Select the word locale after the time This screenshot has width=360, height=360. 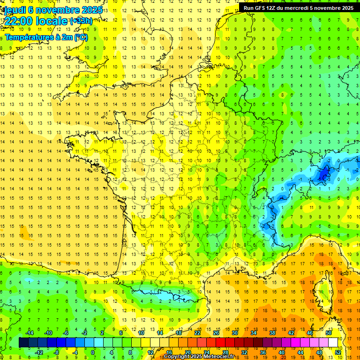[x=51, y=21]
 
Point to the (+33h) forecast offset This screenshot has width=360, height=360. [x=81, y=21]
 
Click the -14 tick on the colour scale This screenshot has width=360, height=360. [x=29, y=333]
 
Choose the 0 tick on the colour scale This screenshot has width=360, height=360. [x=93, y=352]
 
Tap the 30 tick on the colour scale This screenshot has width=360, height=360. [x=234, y=333]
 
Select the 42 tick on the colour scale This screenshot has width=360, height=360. [x=291, y=333]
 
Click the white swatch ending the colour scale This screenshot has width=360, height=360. [x=333, y=343]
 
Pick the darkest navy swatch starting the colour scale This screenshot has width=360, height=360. [x=23, y=343]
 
